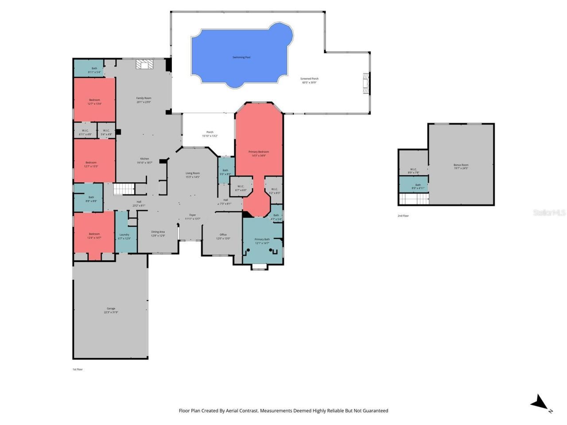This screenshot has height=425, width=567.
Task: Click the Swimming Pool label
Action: [241, 58]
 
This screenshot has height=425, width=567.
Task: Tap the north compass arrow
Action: [540, 403]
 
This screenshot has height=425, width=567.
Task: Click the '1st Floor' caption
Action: [78, 369]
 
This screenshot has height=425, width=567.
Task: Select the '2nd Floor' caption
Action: [403, 216]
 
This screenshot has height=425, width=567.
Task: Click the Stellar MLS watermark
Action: [549, 213]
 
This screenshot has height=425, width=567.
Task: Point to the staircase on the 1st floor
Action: [124, 189]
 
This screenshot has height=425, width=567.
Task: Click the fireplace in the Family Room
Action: [144, 65]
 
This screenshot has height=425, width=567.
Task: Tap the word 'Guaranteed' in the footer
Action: [373, 411]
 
